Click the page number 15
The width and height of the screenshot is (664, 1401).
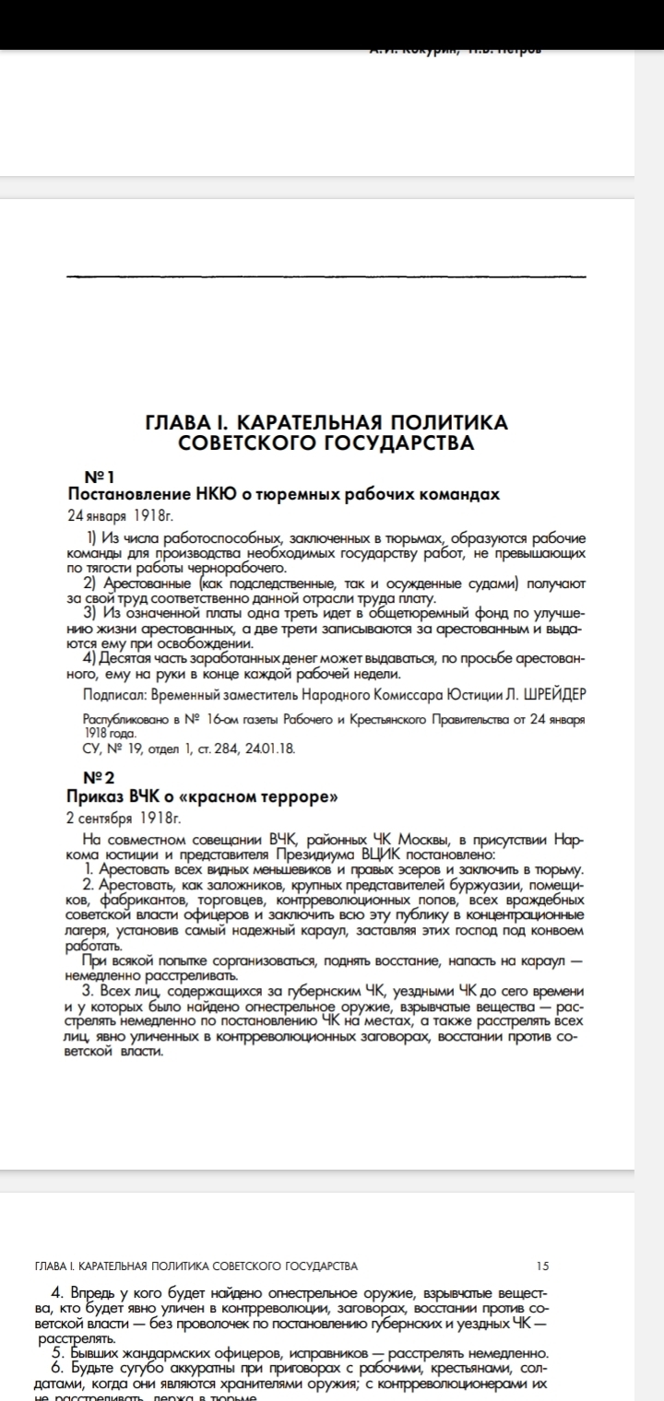(x=541, y=1266)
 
